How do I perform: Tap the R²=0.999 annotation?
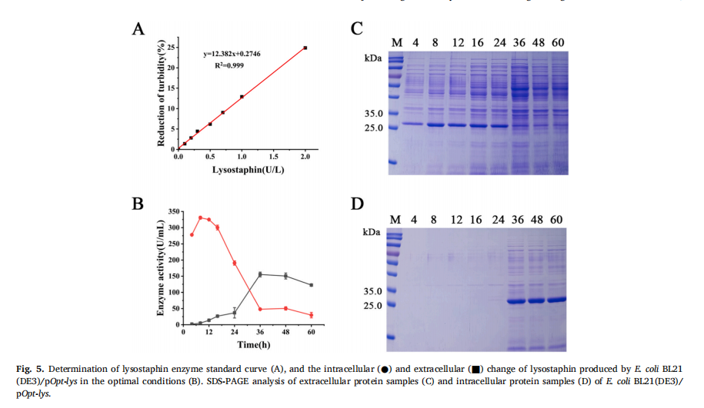[229, 66]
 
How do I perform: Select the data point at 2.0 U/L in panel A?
[305, 48]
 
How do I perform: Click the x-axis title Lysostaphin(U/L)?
[243, 168]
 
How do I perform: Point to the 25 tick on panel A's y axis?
[171, 48]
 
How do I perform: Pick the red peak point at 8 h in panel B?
[200, 217]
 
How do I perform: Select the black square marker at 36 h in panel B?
[260, 274]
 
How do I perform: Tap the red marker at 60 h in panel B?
[312, 315]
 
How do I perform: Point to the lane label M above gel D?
[395, 220]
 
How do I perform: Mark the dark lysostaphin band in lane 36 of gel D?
[517, 301]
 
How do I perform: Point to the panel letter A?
[138, 29]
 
